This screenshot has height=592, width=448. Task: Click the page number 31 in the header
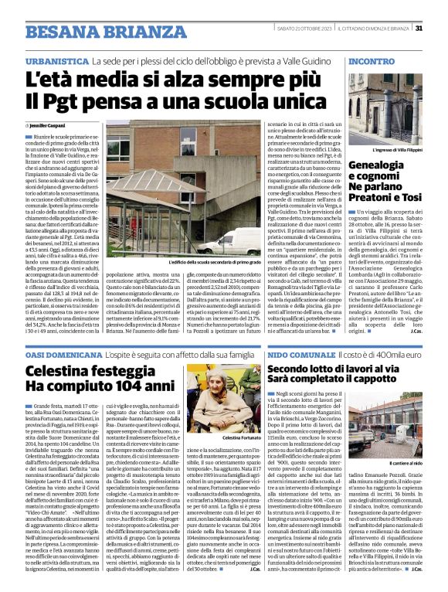(x=418, y=28)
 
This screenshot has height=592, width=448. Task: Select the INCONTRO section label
(x=371, y=60)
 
